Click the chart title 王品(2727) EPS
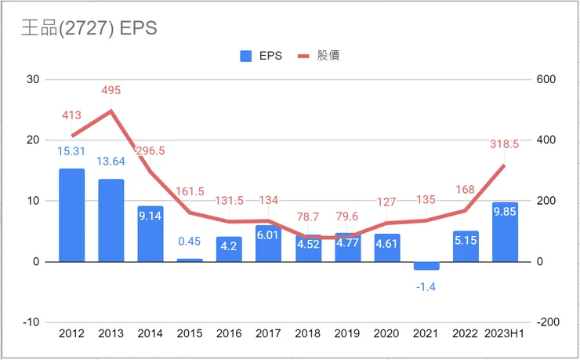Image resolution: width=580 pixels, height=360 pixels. click(89, 28)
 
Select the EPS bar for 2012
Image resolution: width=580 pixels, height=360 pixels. click(71, 215)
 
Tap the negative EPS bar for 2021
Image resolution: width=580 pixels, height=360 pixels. click(426, 266)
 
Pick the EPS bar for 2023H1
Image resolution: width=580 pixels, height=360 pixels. click(505, 232)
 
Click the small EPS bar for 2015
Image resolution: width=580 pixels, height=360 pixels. click(190, 260)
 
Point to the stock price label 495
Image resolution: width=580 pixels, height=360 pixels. click(111, 91)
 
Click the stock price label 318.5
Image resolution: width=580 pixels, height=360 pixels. click(503, 144)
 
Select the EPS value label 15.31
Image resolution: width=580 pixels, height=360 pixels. click(71, 151)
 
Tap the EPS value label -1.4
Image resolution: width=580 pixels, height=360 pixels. click(426, 287)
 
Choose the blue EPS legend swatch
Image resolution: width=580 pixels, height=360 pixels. click(245, 56)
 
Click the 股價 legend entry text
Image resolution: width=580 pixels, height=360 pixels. click(328, 56)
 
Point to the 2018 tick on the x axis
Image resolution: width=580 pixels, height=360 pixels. click(308, 333)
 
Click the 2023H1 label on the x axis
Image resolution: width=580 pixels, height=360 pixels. click(505, 333)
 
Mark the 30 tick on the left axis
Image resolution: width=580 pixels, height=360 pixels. click(32, 79)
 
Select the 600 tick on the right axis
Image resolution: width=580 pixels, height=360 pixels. click(546, 79)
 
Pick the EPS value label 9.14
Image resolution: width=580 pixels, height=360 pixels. click(150, 216)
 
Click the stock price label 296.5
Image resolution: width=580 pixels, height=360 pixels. click(150, 151)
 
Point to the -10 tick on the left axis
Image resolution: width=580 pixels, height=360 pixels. click(31, 322)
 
